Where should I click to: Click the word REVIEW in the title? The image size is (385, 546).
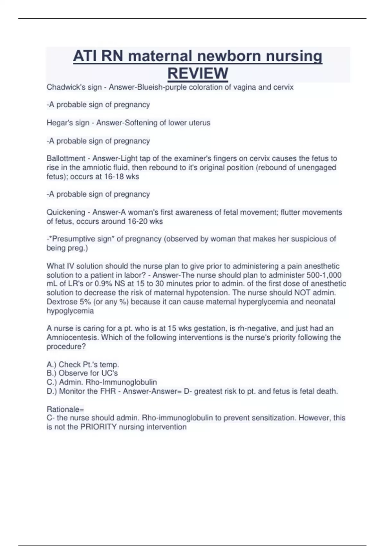click(198, 73)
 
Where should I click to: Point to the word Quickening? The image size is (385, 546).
click(66, 212)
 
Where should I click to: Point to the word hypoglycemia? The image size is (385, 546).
click(70, 311)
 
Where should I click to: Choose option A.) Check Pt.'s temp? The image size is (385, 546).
click(83, 365)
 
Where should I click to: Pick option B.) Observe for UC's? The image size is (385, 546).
click(82, 373)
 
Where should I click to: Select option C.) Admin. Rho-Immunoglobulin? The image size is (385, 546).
click(102, 382)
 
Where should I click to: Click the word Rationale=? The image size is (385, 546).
click(65, 409)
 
